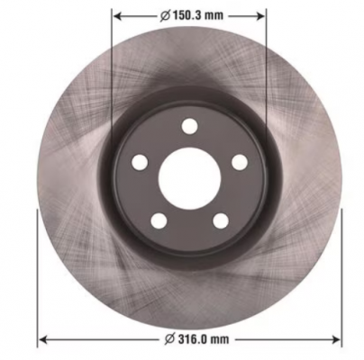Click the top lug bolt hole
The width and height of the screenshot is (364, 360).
click(x=190, y=126)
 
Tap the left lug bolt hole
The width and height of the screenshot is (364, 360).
click(x=140, y=162)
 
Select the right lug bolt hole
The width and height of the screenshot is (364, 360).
click(x=240, y=162)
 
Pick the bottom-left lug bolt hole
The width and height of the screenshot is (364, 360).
click(x=159, y=221)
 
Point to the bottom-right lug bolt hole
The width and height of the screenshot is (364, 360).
click(x=221, y=221)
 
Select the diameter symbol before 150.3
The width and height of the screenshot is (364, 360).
click(x=165, y=15)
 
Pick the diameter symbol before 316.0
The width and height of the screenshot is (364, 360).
click(x=170, y=339)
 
